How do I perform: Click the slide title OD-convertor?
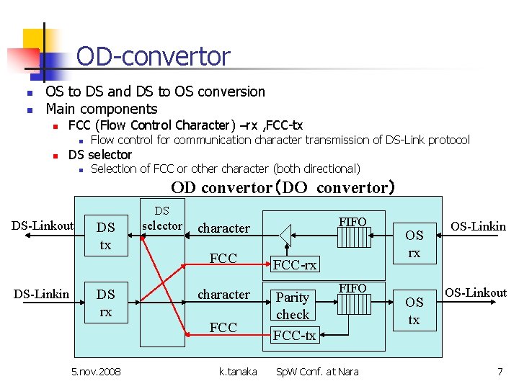point(153,56)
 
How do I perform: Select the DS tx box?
point(106,236)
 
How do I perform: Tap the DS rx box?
point(106,303)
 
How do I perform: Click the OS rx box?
point(414,243)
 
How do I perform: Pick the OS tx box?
point(414,310)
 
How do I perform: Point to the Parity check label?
point(293,305)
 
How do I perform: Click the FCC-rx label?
point(294,264)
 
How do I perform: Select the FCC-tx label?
point(294,335)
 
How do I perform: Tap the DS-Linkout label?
point(43,226)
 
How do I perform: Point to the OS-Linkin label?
point(479,226)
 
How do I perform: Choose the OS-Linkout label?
point(476,292)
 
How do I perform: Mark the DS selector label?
point(162,219)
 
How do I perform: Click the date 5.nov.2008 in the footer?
point(97,372)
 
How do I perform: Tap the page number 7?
point(500,372)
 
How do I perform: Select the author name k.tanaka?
point(238,372)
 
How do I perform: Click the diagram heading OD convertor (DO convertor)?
point(283,188)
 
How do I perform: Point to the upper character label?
point(223,228)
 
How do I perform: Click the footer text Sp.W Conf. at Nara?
point(318,372)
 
